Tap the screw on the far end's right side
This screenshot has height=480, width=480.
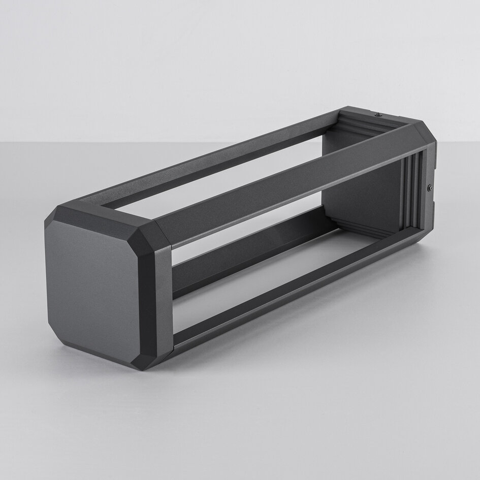click(x=430, y=188)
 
